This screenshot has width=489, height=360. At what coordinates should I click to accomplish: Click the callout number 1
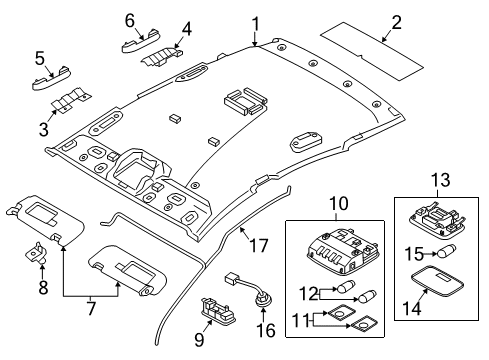click(x=255, y=22)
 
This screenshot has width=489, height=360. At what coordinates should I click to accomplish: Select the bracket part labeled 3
click(x=67, y=104)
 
